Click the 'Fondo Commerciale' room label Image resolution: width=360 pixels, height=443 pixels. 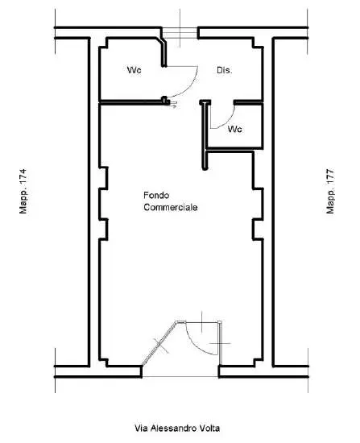point(171,201)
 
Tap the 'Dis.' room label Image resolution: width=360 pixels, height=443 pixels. point(225,70)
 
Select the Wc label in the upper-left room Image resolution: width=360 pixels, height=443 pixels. point(134,70)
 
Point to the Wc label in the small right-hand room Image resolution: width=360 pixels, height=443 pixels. point(235,129)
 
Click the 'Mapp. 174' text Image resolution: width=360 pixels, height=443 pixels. point(23,191)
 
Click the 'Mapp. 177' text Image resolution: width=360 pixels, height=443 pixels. point(330,191)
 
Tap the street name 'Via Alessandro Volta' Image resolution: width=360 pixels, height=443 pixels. point(177,428)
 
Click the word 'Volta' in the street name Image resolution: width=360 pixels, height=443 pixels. point(209,428)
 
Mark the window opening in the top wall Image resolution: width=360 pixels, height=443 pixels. point(180,33)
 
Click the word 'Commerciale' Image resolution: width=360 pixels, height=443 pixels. point(171,207)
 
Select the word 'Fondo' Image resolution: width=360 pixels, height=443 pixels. point(156,195)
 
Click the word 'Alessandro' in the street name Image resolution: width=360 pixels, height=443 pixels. point(173,428)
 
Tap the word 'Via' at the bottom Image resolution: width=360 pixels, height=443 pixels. point(141,428)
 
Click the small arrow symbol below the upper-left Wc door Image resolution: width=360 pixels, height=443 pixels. point(173,105)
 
